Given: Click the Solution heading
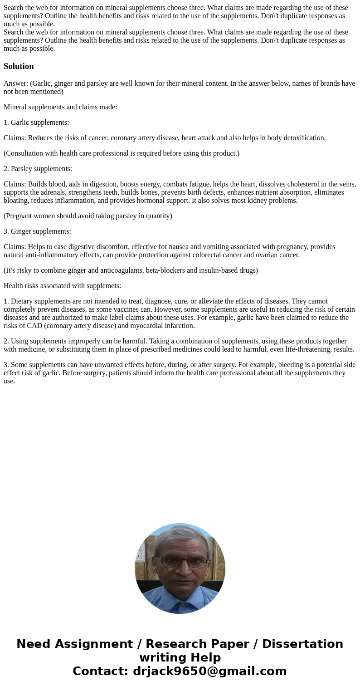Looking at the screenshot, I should coord(19,66).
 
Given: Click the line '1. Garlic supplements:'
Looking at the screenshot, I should coord(36,123).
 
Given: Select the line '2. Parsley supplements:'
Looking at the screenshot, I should coord(38,169).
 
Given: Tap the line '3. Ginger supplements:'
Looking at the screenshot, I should coord(37,231).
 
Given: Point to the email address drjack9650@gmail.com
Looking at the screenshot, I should coord(209,671).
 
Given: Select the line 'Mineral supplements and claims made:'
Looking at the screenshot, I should coord(60,107).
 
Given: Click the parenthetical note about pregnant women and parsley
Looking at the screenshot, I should coord(88,216).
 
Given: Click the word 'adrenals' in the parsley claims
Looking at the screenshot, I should coord(54,192).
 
